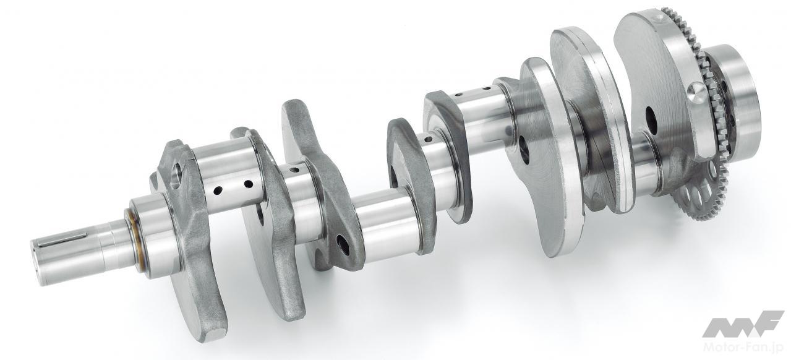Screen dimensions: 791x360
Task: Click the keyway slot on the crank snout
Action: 63,239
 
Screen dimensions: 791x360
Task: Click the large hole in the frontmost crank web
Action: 176,174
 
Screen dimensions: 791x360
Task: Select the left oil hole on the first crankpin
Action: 218,191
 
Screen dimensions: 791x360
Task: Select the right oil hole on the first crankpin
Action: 248,184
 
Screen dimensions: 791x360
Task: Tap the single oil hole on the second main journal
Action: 294,170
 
